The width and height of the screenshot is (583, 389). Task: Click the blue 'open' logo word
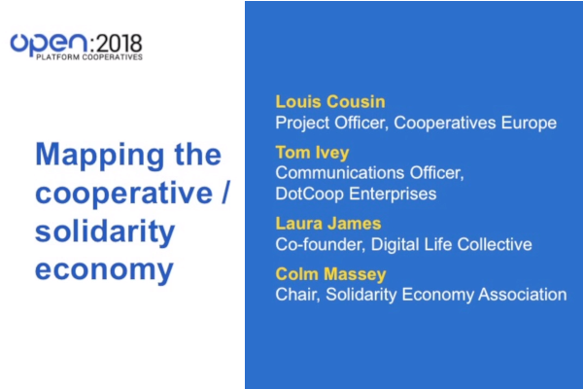point(49,45)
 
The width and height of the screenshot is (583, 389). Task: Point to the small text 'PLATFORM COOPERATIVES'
point(89,57)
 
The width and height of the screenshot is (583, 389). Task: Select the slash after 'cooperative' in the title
point(225,193)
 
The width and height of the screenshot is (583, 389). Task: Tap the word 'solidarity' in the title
point(105,231)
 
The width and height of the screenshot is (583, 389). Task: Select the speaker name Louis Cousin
point(330,102)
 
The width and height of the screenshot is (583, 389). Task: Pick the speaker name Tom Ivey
point(312,153)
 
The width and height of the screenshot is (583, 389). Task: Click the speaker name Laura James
point(328,224)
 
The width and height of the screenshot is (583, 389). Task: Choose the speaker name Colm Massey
point(331,274)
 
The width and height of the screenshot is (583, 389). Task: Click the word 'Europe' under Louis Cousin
point(529,124)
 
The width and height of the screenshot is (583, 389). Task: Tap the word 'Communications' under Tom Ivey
point(340,173)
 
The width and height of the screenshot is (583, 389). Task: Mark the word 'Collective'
point(495,244)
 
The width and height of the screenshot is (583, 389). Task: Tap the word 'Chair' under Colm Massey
point(298,295)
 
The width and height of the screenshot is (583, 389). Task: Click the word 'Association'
point(523,295)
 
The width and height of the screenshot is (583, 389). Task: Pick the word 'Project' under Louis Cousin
point(302,124)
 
